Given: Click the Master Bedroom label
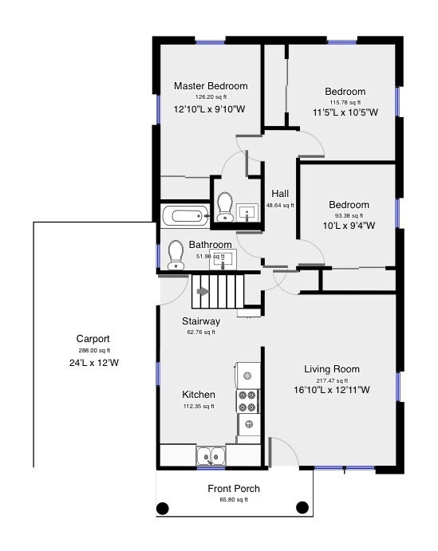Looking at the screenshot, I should pyautogui.click(x=211, y=86).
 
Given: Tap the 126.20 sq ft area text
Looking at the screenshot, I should pyautogui.click(x=211, y=97).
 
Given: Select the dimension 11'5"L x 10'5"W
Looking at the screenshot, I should pyautogui.click(x=345, y=112).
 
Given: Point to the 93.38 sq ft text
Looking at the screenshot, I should pyautogui.click(x=349, y=214).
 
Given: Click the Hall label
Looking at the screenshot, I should pyautogui.click(x=280, y=194).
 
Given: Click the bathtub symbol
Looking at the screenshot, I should pyautogui.click(x=183, y=215).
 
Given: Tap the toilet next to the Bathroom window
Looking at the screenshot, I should pyautogui.click(x=176, y=254).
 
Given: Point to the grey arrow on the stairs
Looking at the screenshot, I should pyautogui.click(x=203, y=291).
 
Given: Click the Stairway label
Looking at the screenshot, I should pyautogui.click(x=201, y=321).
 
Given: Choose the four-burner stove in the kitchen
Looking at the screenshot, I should pyautogui.click(x=248, y=399).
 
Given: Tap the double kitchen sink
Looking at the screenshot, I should pyautogui.click(x=211, y=457).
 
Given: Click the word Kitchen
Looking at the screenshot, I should pyautogui.click(x=199, y=395).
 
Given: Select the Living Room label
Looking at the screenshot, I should pyautogui.click(x=332, y=369).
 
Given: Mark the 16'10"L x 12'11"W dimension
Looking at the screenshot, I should pyautogui.click(x=332, y=390).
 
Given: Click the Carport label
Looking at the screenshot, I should pyautogui.click(x=93, y=338).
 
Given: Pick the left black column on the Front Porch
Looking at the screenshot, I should pyautogui.click(x=163, y=507).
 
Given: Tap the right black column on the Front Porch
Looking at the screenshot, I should pyautogui.click(x=303, y=507).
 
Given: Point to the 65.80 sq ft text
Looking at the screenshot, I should pyautogui.click(x=234, y=501).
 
